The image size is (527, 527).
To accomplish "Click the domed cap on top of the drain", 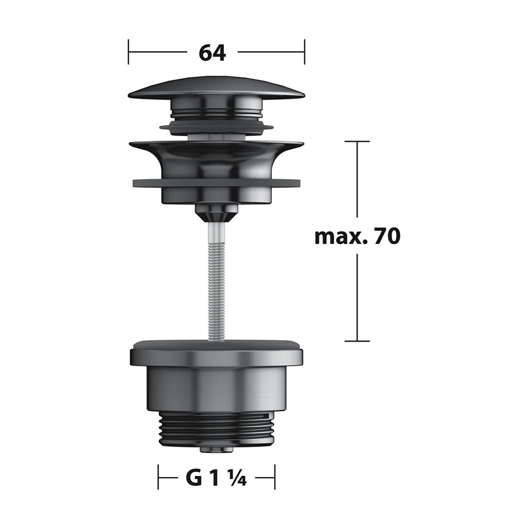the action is click(216, 87).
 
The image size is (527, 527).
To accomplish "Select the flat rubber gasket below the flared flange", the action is click(217, 183).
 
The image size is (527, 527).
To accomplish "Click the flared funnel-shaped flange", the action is click(217, 156).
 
